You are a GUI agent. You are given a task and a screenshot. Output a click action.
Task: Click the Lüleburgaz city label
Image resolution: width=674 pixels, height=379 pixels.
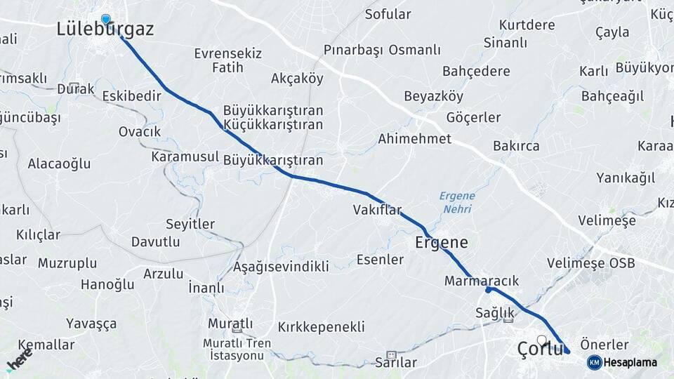tap(105, 29)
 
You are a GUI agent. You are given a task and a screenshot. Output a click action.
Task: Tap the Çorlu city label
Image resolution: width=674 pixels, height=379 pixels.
tap(540, 348)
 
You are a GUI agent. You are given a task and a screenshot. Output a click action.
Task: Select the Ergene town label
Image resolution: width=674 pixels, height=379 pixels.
tap(442, 243)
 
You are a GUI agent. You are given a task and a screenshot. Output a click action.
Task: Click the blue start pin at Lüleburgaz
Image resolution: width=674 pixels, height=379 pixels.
tap(105, 19)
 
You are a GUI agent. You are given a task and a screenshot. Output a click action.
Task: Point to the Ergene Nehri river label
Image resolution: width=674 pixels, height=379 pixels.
tap(457, 202)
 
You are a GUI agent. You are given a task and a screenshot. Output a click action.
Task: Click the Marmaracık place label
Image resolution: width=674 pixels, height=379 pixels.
tap(482, 281)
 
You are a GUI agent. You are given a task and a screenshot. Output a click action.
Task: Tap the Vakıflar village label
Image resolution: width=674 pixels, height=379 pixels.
tap(377, 210)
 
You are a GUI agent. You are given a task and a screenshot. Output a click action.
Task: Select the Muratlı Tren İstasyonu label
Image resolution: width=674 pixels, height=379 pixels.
tap(237, 349)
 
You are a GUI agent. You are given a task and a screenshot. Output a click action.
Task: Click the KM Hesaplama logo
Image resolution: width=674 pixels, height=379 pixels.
tap(622, 362)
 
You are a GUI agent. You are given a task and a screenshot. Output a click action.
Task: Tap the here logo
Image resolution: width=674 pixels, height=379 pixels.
tap(19, 359)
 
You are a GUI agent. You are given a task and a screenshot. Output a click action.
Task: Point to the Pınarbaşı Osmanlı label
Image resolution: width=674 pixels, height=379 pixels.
tap(382, 50)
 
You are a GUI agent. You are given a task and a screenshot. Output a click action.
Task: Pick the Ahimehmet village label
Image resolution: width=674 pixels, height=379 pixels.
tap(414, 139)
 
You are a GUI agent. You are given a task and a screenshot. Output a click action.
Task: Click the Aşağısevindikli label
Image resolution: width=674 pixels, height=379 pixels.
tap(281, 267)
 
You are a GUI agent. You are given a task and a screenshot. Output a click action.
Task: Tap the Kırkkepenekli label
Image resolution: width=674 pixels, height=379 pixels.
tap(321, 327)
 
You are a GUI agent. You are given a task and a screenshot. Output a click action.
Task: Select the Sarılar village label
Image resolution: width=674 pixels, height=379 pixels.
tap(396, 363)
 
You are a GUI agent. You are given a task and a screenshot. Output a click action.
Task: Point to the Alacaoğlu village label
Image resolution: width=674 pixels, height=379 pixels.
tap(60, 164)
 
